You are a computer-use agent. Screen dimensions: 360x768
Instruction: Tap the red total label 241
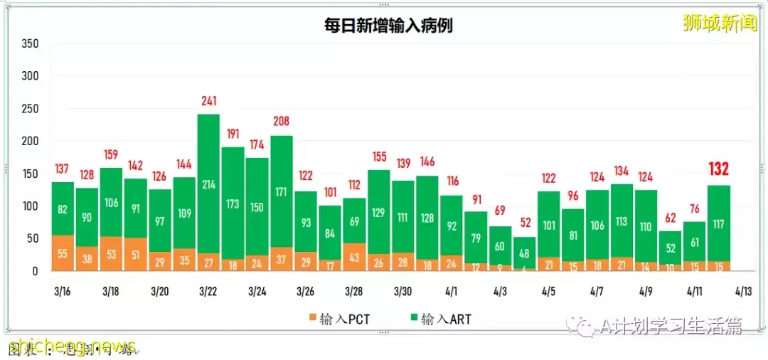coord(208,101)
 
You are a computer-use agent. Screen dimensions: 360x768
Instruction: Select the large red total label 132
coord(720,169)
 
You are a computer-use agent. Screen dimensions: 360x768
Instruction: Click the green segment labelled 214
coord(208,184)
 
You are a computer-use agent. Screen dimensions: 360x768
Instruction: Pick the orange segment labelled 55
coord(63,253)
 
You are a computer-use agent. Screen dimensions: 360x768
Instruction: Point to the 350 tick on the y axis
coord(29,43)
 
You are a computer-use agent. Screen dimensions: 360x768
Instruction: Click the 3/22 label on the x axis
coord(208,292)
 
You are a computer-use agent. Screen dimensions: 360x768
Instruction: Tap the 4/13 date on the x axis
coord(743,292)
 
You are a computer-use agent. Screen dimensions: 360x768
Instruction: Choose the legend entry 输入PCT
coord(339,319)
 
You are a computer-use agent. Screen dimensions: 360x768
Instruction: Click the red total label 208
coord(281,122)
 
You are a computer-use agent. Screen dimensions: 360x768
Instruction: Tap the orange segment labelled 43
coord(354,257)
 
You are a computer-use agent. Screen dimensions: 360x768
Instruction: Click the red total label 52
coord(524,223)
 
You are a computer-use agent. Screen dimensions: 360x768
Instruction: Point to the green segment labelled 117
coord(720,223)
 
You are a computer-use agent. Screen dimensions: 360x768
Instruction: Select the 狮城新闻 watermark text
coord(719,24)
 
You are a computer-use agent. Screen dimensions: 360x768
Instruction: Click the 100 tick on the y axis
coord(29,206)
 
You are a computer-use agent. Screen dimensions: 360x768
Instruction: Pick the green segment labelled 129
coord(378,211)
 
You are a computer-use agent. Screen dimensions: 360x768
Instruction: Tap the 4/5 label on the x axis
coord(548,292)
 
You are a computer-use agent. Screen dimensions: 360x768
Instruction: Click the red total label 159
coord(111,154)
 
